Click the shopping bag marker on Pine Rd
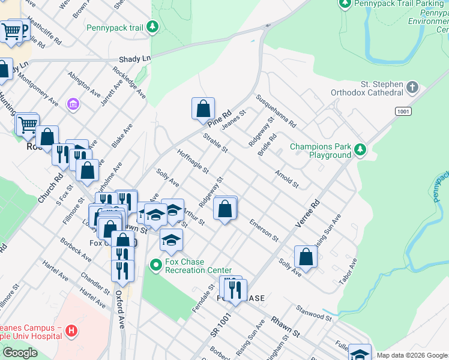click(x=203, y=109)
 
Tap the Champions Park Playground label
click(x=321, y=151)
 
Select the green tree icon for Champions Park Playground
click(x=360, y=149)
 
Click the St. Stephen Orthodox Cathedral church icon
click(x=412, y=88)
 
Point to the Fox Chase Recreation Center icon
click(x=155, y=264)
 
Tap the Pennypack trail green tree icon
click(x=152, y=27)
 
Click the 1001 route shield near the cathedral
click(x=403, y=112)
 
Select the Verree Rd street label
click(x=308, y=214)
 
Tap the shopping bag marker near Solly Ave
click(x=306, y=257)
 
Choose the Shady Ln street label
click(x=134, y=59)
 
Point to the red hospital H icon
click(x=71, y=331)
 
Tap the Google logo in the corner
click(x=20, y=353)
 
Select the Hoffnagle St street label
click(x=193, y=162)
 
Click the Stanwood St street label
click(x=313, y=313)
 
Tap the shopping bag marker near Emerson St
click(x=225, y=209)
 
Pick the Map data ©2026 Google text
click(x=412, y=355)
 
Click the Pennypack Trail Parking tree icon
click(x=345, y=4)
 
